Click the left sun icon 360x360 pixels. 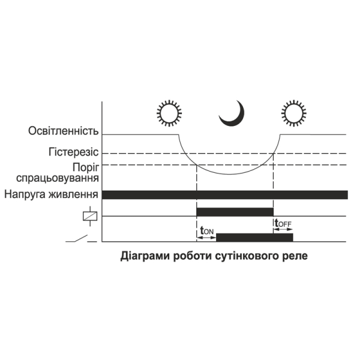(169, 112)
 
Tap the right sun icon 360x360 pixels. (293, 112)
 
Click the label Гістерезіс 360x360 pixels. (74, 152)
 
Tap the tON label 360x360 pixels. (206, 229)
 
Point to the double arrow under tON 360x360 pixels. (206, 237)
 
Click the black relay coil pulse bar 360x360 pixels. (235, 212)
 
